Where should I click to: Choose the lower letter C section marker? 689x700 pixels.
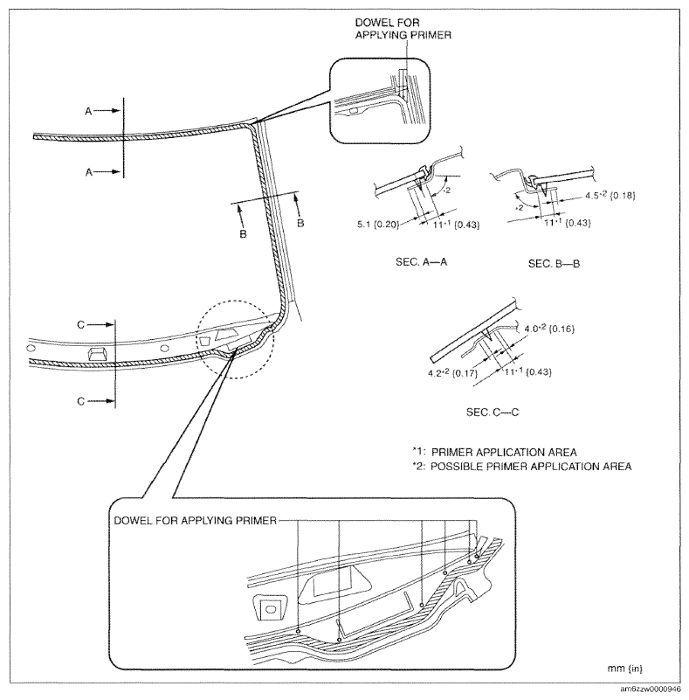pos(82,401)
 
